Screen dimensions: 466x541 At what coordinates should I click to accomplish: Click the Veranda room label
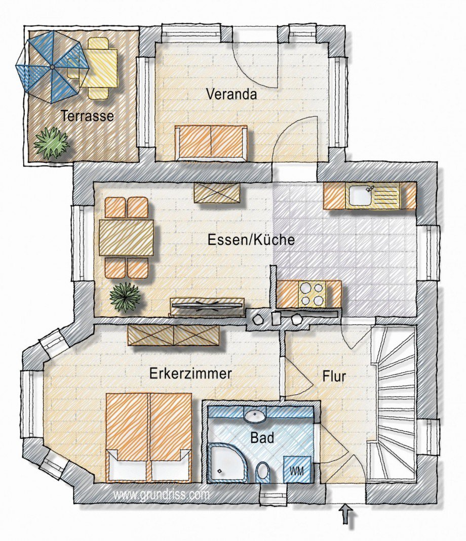point(231,94)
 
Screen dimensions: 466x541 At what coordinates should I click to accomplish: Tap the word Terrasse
point(87,115)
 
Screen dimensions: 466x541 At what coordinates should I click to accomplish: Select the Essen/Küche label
point(251,240)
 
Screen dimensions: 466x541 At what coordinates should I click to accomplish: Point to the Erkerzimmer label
point(190,373)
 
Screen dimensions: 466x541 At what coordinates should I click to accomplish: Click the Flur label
point(334,377)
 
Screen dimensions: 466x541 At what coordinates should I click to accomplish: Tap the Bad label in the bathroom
point(262,438)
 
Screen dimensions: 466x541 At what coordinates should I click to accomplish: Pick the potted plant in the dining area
point(126,298)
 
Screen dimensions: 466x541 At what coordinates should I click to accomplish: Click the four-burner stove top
point(311,295)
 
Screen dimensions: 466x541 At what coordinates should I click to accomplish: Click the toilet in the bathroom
point(263,472)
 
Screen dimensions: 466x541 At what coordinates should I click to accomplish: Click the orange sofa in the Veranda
point(211,143)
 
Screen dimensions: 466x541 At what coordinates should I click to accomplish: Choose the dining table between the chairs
point(126,238)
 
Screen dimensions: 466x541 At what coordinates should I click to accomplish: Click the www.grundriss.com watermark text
point(161,495)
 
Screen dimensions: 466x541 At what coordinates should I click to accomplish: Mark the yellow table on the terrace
point(99,68)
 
